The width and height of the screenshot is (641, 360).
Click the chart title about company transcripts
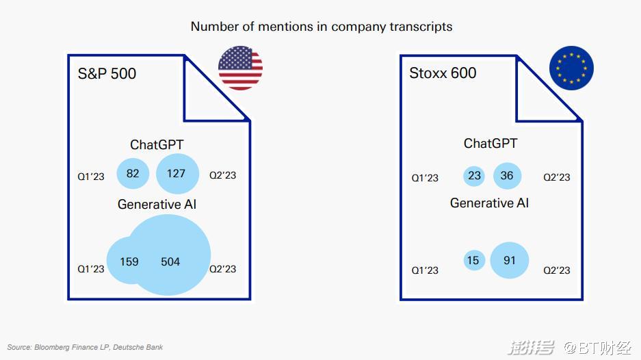(x=322, y=27)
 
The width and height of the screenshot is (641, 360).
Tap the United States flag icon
(x=240, y=68)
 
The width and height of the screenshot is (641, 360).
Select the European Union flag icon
(x=571, y=68)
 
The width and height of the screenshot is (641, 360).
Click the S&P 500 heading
(x=107, y=74)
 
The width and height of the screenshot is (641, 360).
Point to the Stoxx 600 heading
(x=443, y=73)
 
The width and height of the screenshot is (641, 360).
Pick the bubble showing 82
(x=133, y=173)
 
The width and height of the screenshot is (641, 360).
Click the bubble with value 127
(x=177, y=173)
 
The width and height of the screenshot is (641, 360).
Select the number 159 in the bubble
(x=129, y=261)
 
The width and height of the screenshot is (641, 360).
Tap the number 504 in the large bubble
(x=170, y=261)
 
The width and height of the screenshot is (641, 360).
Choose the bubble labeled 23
(x=474, y=176)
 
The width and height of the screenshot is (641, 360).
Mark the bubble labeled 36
(x=507, y=176)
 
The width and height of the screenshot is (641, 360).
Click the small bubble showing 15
(x=474, y=260)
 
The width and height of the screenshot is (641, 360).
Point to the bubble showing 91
(x=510, y=260)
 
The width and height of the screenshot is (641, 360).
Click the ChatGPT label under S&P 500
(x=157, y=144)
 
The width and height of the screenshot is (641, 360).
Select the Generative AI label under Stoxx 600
(x=489, y=203)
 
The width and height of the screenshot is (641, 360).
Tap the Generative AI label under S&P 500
(x=157, y=204)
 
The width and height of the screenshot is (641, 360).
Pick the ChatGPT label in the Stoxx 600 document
(x=490, y=143)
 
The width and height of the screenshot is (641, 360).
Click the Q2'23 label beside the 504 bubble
(x=223, y=269)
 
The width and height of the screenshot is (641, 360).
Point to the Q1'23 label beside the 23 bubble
(x=425, y=178)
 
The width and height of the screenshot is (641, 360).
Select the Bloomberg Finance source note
(x=85, y=347)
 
